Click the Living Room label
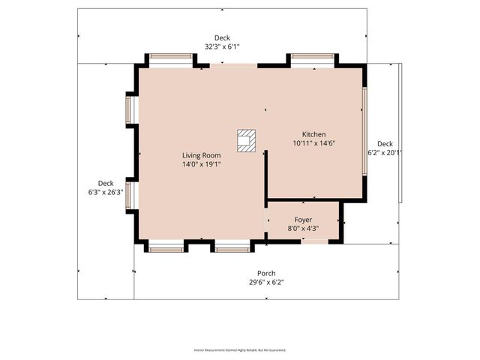point(201,155)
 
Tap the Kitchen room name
point(313,134)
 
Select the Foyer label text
point(302,220)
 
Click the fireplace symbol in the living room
point(247,141)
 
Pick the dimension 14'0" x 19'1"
point(201,163)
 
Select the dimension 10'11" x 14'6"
point(313,142)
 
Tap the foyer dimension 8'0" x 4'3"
point(302,228)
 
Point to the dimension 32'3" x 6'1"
point(222,46)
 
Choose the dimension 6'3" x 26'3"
point(106,192)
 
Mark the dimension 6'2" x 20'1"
point(385,152)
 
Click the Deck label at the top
point(222,37)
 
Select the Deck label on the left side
point(106,183)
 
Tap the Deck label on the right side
point(385,143)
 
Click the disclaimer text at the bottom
point(240,349)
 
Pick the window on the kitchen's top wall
point(313,56)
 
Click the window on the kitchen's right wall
point(364,132)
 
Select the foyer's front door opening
point(314,241)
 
